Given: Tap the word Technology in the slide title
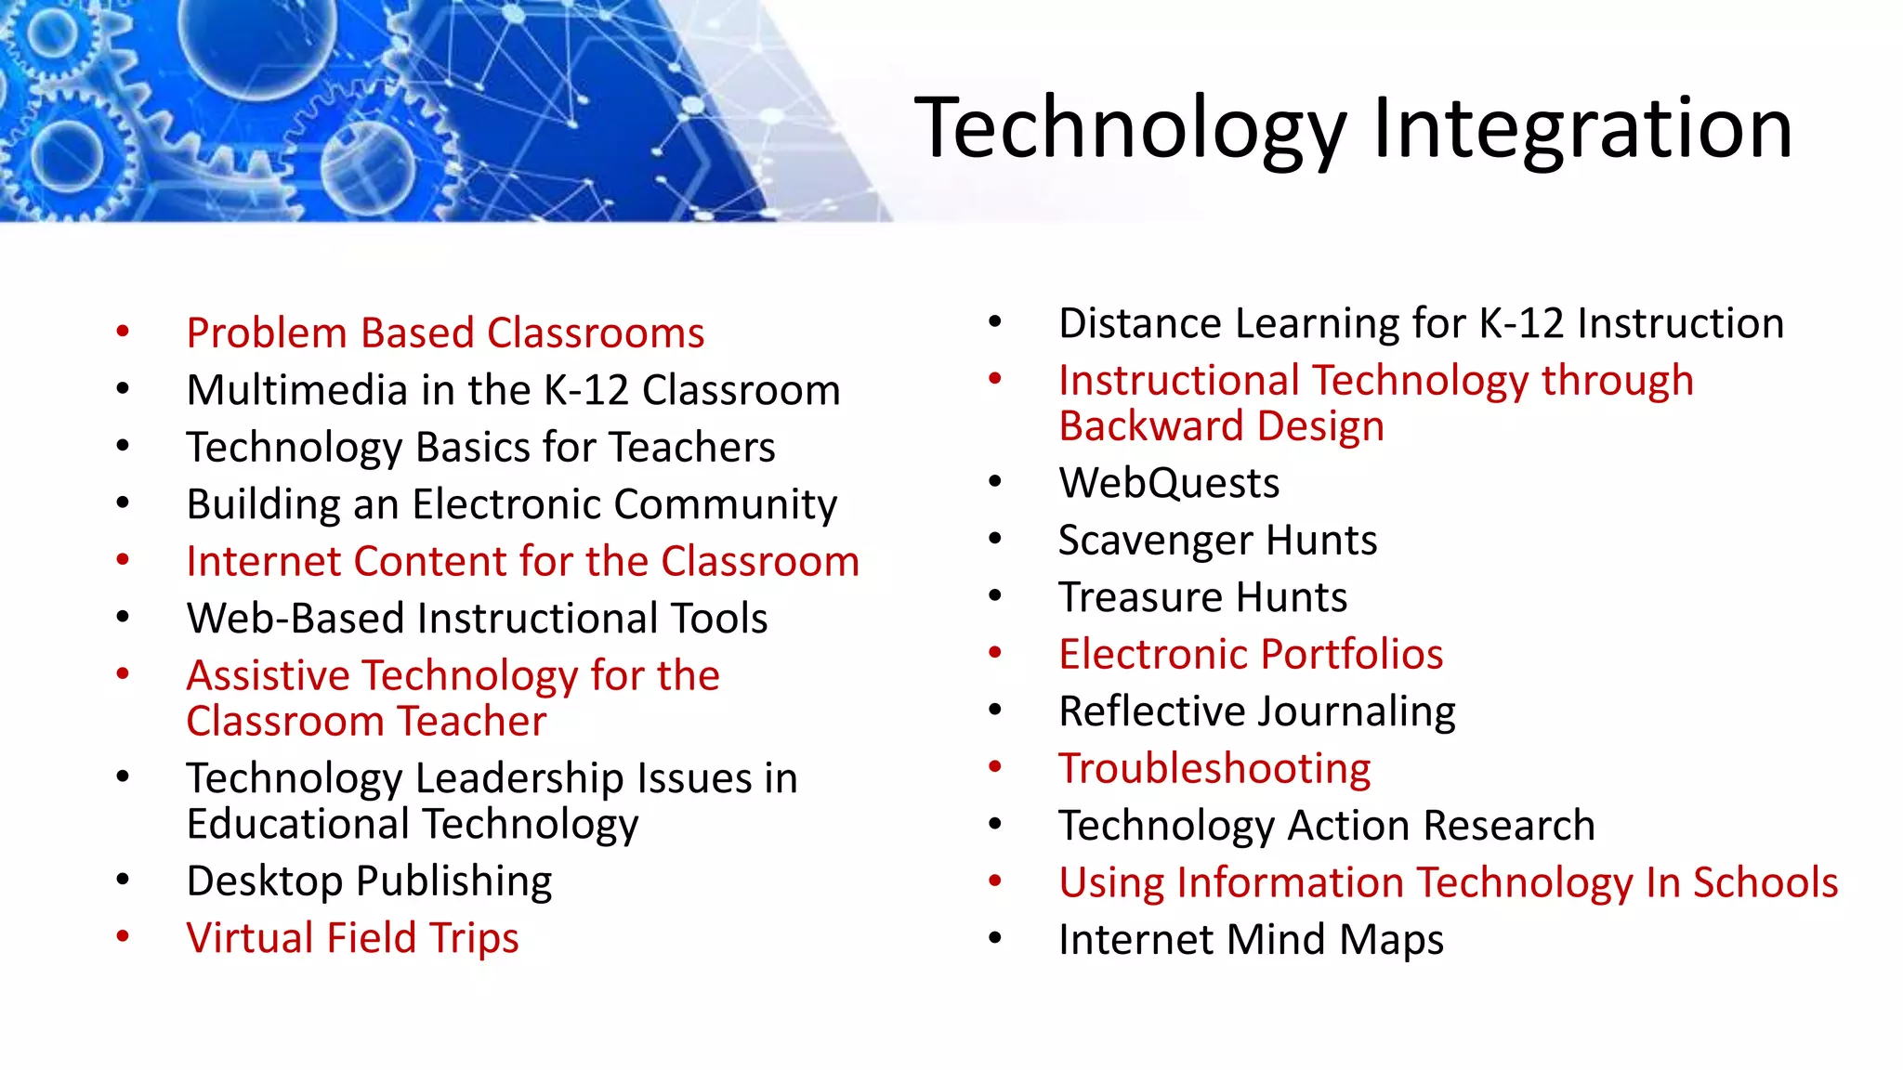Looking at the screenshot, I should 1130,130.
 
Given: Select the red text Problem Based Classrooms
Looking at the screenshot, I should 445,333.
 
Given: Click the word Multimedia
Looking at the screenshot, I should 296,390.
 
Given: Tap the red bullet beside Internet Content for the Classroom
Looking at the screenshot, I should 123,560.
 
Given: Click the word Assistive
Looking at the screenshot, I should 269,675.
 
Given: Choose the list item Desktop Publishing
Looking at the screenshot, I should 369,881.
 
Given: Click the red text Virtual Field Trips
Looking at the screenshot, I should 352,938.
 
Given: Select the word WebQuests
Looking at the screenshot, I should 1169,483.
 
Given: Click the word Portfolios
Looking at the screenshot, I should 1335,655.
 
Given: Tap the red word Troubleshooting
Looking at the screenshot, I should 1214,769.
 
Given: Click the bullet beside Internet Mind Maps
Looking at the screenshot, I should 995,939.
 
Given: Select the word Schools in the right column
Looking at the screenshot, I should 1765,882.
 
